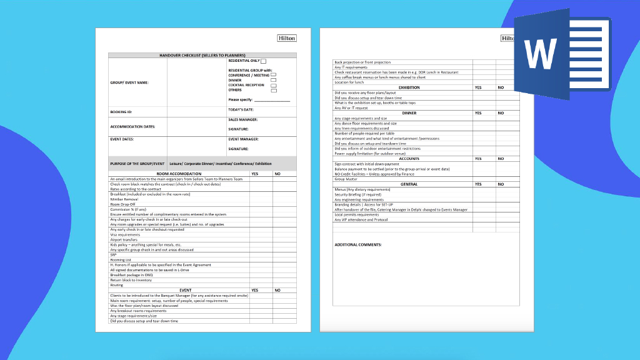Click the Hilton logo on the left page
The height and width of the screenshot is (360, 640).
(x=287, y=38)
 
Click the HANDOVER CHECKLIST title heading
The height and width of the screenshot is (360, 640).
(x=202, y=56)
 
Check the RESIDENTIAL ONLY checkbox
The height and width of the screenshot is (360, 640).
(x=263, y=61)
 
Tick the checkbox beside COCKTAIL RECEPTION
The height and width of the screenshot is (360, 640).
(x=274, y=85)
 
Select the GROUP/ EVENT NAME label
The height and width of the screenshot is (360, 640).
(x=129, y=82)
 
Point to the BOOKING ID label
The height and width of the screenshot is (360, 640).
(x=121, y=112)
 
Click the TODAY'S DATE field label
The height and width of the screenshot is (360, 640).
(x=241, y=109)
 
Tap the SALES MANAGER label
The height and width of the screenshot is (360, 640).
(x=242, y=119)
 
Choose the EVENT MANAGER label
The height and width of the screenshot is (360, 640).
(x=243, y=139)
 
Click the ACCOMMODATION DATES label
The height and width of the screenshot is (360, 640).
(x=132, y=127)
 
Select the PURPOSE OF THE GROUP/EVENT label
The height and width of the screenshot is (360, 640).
(x=137, y=163)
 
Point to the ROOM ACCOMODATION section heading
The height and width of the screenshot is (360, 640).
(x=179, y=174)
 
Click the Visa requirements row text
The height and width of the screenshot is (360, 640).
(x=125, y=234)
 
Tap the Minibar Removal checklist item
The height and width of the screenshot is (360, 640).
(x=123, y=199)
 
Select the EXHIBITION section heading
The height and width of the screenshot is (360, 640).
(x=409, y=87)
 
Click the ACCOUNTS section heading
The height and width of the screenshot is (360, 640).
(x=409, y=159)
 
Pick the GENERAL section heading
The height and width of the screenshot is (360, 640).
(x=409, y=184)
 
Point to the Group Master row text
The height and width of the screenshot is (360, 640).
(x=346, y=179)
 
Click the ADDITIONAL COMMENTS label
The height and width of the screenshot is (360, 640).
(x=358, y=244)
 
